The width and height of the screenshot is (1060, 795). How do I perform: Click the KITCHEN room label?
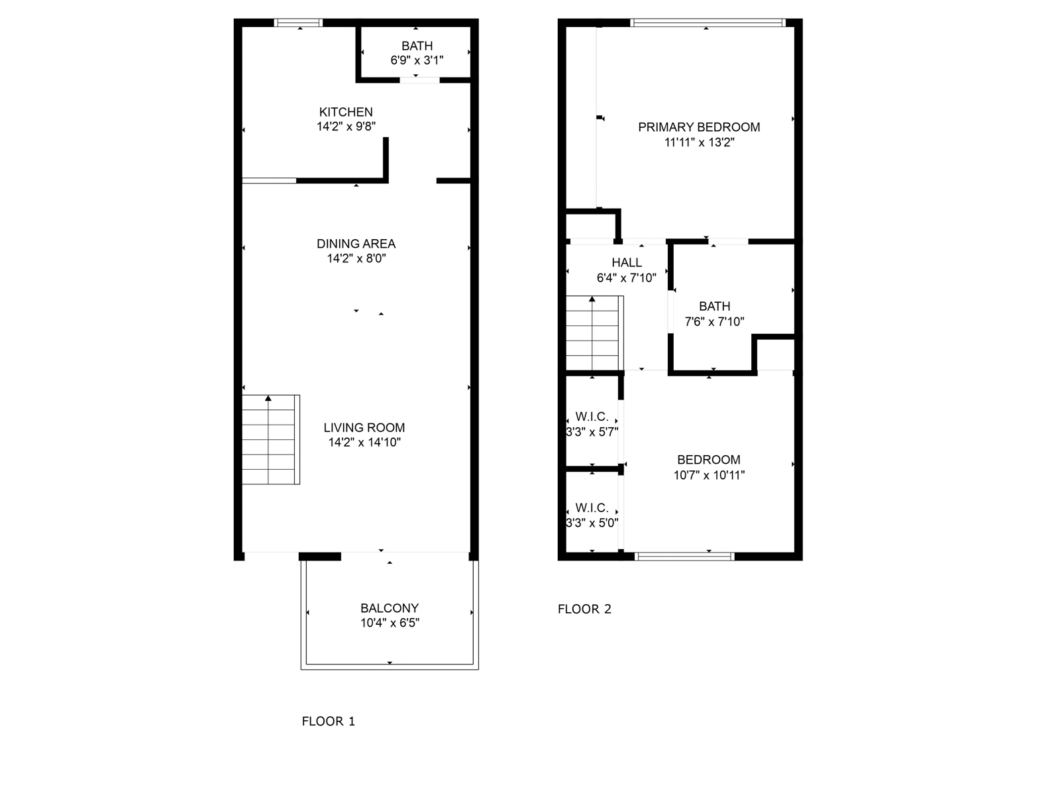(346, 112)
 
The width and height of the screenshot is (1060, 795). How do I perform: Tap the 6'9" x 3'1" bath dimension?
(417, 60)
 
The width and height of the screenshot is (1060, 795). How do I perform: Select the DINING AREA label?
(356, 244)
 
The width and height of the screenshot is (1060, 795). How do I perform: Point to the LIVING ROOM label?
(364, 428)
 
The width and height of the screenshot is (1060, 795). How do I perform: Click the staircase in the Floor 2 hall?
(594, 333)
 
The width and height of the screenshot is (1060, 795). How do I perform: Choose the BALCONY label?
(390, 608)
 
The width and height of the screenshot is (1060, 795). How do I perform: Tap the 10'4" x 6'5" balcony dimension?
(390, 623)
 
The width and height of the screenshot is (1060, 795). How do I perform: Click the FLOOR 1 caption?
(329, 721)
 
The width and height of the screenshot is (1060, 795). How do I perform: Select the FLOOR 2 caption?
(584, 609)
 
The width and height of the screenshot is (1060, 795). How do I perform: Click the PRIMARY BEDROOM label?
(699, 127)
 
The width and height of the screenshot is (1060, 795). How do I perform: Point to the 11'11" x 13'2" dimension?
(699, 142)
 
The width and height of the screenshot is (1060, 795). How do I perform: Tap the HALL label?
(626, 263)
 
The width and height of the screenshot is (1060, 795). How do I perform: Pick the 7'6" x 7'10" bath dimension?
(714, 322)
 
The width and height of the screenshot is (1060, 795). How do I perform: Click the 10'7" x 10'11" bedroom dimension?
(709, 475)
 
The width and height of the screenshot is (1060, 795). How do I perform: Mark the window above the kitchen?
(299, 23)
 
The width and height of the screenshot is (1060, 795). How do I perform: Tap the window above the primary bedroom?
(708, 23)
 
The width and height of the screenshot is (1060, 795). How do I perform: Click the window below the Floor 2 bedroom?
(684, 556)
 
